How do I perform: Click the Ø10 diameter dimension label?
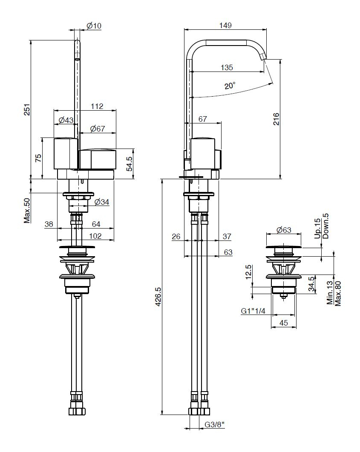tap(94, 26)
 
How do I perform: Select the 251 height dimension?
tap(27, 109)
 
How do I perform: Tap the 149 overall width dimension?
tap(225, 26)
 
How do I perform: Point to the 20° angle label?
tap(230, 86)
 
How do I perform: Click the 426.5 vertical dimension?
tap(158, 296)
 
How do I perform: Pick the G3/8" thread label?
tap(215, 425)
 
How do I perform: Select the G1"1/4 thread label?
tap(253, 311)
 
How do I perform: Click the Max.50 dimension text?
tap(27, 211)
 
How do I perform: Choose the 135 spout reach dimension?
tap(227, 67)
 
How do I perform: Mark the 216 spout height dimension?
tap(276, 119)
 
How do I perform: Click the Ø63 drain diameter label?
tap(284, 230)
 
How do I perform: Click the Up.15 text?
tap(317, 229)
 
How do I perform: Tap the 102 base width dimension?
tap(95, 236)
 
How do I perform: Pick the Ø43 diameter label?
tap(66, 120)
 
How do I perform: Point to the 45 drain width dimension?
tap(284, 323)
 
